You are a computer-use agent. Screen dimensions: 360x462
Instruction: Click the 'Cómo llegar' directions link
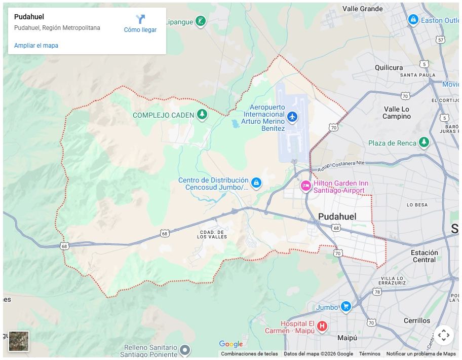click(x=140, y=24)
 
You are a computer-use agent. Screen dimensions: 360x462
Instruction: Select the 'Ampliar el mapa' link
click(x=36, y=46)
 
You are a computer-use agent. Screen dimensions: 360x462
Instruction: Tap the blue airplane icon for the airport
click(x=292, y=117)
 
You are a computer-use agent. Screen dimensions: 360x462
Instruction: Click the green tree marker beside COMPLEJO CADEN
click(x=202, y=115)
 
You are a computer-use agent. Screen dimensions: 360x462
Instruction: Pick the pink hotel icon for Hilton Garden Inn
click(x=305, y=186)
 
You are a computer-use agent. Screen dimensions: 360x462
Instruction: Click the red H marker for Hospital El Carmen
click(x=322, y=326)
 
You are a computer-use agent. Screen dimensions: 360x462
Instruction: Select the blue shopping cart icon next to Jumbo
click(x=345, y=306)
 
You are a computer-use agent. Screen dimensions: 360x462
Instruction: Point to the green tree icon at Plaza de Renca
click(x=424, y=142)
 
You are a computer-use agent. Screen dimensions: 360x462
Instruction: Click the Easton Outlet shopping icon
click(x=413, y=20)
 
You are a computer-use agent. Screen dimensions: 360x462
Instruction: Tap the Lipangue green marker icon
click(x=201, y=21)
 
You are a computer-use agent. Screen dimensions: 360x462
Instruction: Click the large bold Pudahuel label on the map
click(x=337, y=217)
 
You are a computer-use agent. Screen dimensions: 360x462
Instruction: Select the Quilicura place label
click(x=389, y=67)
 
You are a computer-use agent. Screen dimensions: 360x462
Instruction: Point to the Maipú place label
click(x=347, y=338)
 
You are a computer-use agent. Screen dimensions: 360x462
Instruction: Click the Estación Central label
click(x=424, y=256)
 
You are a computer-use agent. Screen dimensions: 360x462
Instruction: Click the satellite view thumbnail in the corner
click(x=19, y=341)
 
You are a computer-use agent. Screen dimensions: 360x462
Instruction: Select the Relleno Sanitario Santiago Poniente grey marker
click(x=185, y=349)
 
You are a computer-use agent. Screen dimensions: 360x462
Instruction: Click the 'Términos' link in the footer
click(x=369, y=354)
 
